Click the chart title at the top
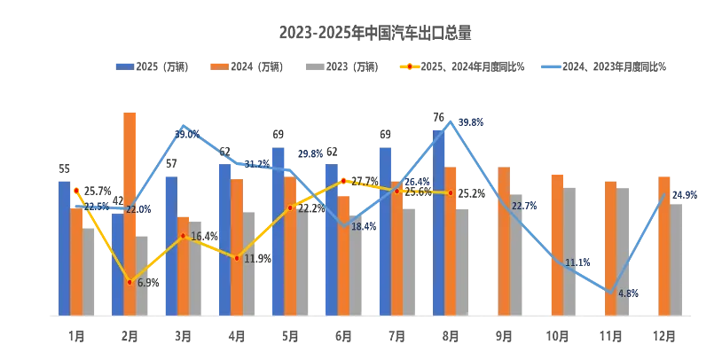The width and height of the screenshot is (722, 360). pos(375,33)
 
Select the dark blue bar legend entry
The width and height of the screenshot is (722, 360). pos(152,65)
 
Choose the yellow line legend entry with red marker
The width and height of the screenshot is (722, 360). pos(460,65)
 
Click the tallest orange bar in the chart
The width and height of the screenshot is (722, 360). pos(129,213)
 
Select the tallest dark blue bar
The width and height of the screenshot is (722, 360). pos(438,213)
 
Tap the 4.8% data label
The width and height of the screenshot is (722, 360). pos(627,293)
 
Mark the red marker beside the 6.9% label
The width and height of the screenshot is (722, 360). pos(129,282)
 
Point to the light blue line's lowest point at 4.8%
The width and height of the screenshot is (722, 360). pos(609,290)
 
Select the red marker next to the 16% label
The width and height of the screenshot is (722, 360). pos(183,236)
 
